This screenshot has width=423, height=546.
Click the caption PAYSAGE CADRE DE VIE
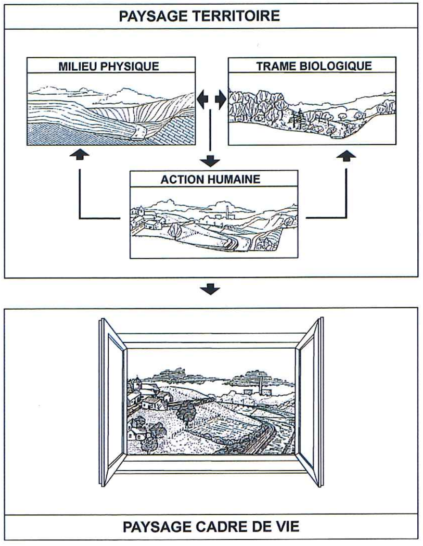(x=211, y=527)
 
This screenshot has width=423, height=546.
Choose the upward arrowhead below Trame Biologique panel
(x=345, y=155)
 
